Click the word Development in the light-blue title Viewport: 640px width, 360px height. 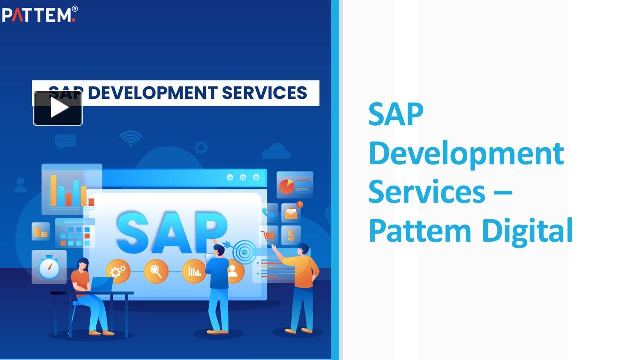click(x=466, y=153)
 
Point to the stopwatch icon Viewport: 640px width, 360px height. click(x=49, y=268)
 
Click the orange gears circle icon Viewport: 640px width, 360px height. click(x=118, y=271)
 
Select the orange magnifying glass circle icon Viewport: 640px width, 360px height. click(x=156, y=271)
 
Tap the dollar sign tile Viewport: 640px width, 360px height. click(x=291, y=235)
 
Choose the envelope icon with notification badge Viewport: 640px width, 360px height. click(x=291, y=213)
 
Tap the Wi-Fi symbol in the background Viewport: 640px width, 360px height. click(x=131, y=139)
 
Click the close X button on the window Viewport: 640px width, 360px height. click(x=256, y=177)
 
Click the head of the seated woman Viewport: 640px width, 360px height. click(x=83, y=264)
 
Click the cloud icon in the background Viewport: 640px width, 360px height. click(x=276, y=151)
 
